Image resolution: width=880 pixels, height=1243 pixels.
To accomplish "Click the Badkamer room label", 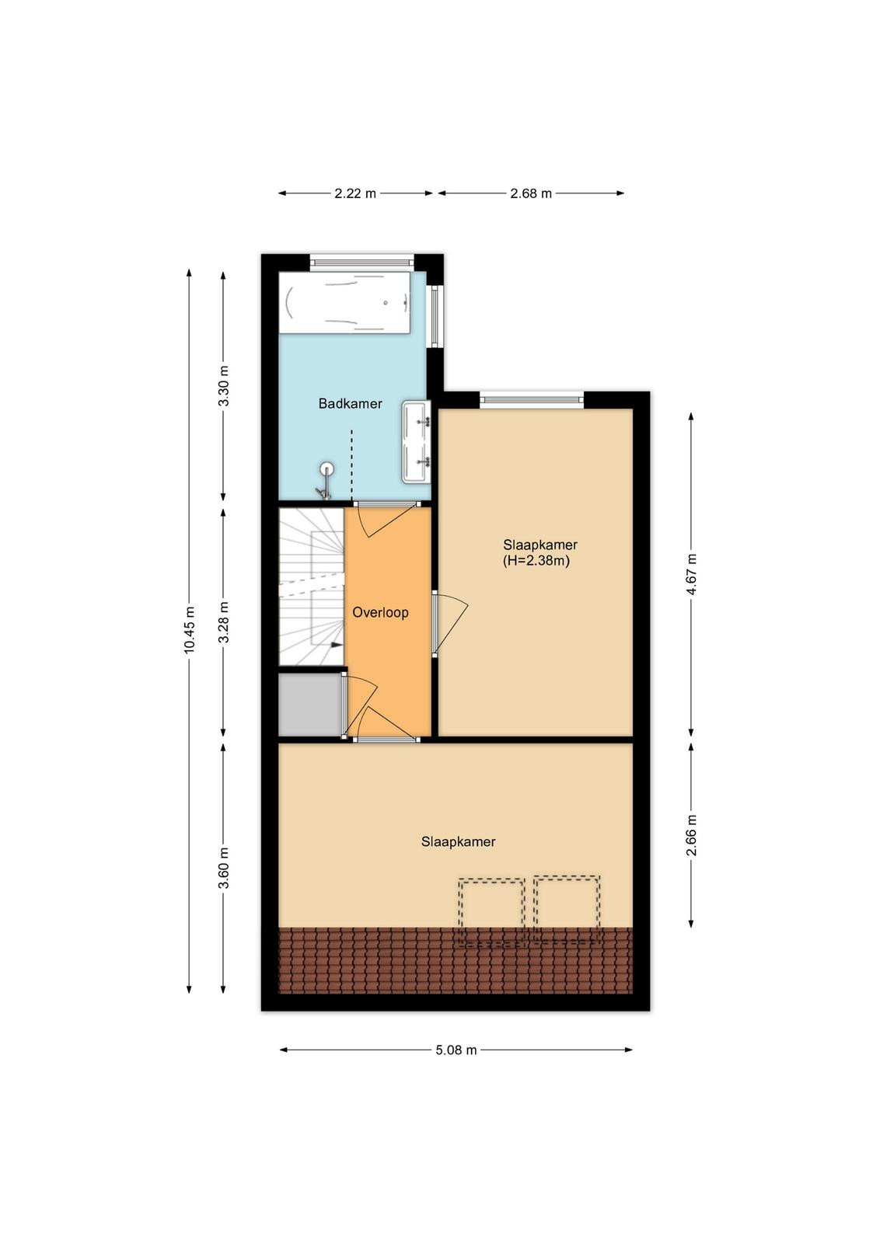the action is [350, 403].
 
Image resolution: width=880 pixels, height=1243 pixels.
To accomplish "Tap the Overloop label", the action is [380, 613].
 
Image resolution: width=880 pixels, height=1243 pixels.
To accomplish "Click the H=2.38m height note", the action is [536, 560].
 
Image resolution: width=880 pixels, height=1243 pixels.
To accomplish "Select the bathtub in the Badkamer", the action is [344, 302].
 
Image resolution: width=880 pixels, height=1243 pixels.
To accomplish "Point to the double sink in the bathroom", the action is [417, 441].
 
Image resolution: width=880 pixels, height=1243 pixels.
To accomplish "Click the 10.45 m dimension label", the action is [190, 628].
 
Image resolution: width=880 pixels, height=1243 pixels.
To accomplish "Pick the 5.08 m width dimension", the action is [456, 1050].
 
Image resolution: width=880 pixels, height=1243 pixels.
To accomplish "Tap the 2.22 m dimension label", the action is [354, 193].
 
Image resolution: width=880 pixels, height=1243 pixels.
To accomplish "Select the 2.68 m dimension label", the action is [531, 193].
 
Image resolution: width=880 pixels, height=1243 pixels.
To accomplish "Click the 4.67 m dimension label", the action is [691, 574].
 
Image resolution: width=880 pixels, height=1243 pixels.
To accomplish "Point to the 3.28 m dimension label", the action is [224, 622].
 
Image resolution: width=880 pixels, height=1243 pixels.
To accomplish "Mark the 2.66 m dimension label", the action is [691, 835].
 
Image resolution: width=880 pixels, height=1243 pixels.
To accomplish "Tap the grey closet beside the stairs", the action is [309, 705].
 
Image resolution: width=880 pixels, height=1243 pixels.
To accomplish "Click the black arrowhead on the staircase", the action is [337, 645].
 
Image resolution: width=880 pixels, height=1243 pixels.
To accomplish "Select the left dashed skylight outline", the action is [491, 912].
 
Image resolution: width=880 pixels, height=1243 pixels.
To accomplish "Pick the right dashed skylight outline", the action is [567, 910].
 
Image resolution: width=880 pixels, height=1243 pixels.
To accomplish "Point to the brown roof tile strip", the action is [456, 960].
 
